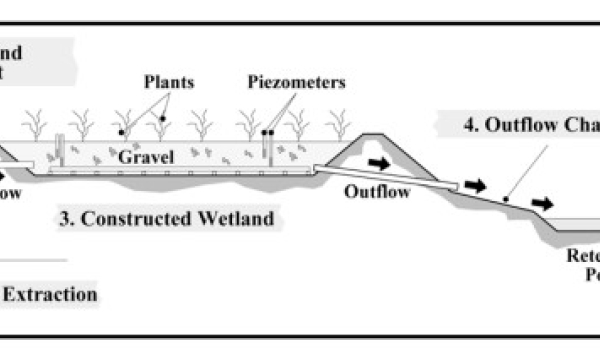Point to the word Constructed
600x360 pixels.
(168, 217)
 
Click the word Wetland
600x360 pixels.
(243, 217)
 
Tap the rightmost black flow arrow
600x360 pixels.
(541, 204)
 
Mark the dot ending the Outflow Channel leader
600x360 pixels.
(507, 199)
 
